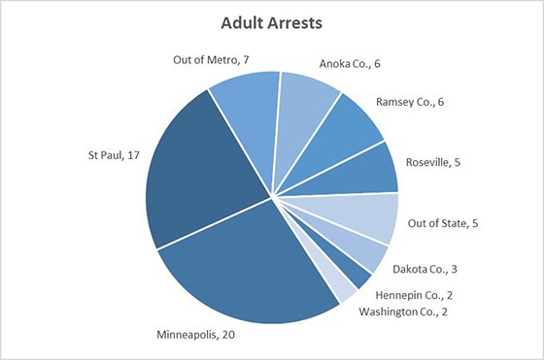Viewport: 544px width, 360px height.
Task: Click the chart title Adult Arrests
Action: (271, 20)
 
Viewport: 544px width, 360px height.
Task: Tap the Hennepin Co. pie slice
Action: (352, 273)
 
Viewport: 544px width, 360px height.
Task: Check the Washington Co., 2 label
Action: (404, 311)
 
